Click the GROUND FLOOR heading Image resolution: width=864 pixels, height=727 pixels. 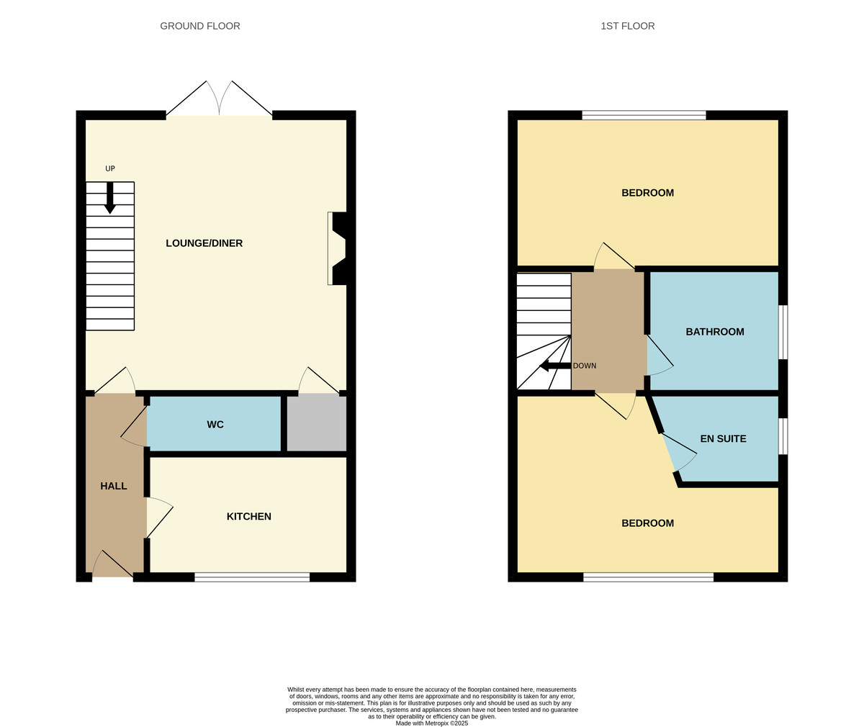tap(200, 26)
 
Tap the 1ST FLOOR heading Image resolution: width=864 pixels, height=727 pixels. tap(627, 26)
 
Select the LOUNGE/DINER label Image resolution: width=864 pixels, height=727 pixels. tap(204, 243)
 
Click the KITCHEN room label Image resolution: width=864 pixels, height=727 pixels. tap(248, 516)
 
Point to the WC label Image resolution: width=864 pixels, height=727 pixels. tap(215, 424)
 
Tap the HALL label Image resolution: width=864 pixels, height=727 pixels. tap(113, 486)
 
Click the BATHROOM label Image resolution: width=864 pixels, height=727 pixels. tap(715, 331)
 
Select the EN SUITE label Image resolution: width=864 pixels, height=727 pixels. tap(723, 438)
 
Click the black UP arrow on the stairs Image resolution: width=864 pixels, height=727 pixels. tap(109, 198)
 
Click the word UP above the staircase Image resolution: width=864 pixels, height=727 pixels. tap(110, 168)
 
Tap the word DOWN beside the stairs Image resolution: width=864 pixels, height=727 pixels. tap(584, 366)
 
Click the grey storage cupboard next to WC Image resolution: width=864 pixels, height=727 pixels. tap(317, 423)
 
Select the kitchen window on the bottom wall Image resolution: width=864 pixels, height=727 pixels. tap(252, 577)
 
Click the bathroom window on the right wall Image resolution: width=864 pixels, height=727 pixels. tap(783, 333)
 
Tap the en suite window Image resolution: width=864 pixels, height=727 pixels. tap(783, 436)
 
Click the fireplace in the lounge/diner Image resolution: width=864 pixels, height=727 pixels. tap(337, 248)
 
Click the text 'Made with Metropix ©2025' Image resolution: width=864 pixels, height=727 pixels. tap(431, 723)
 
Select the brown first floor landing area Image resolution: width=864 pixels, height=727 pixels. tap(608, 330)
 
